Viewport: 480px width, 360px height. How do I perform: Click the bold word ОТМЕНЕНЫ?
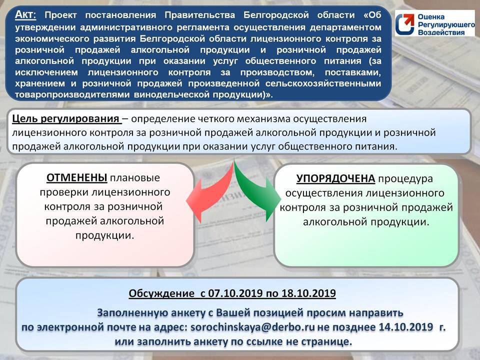77,178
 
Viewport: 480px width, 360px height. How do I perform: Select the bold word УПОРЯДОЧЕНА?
335,178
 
